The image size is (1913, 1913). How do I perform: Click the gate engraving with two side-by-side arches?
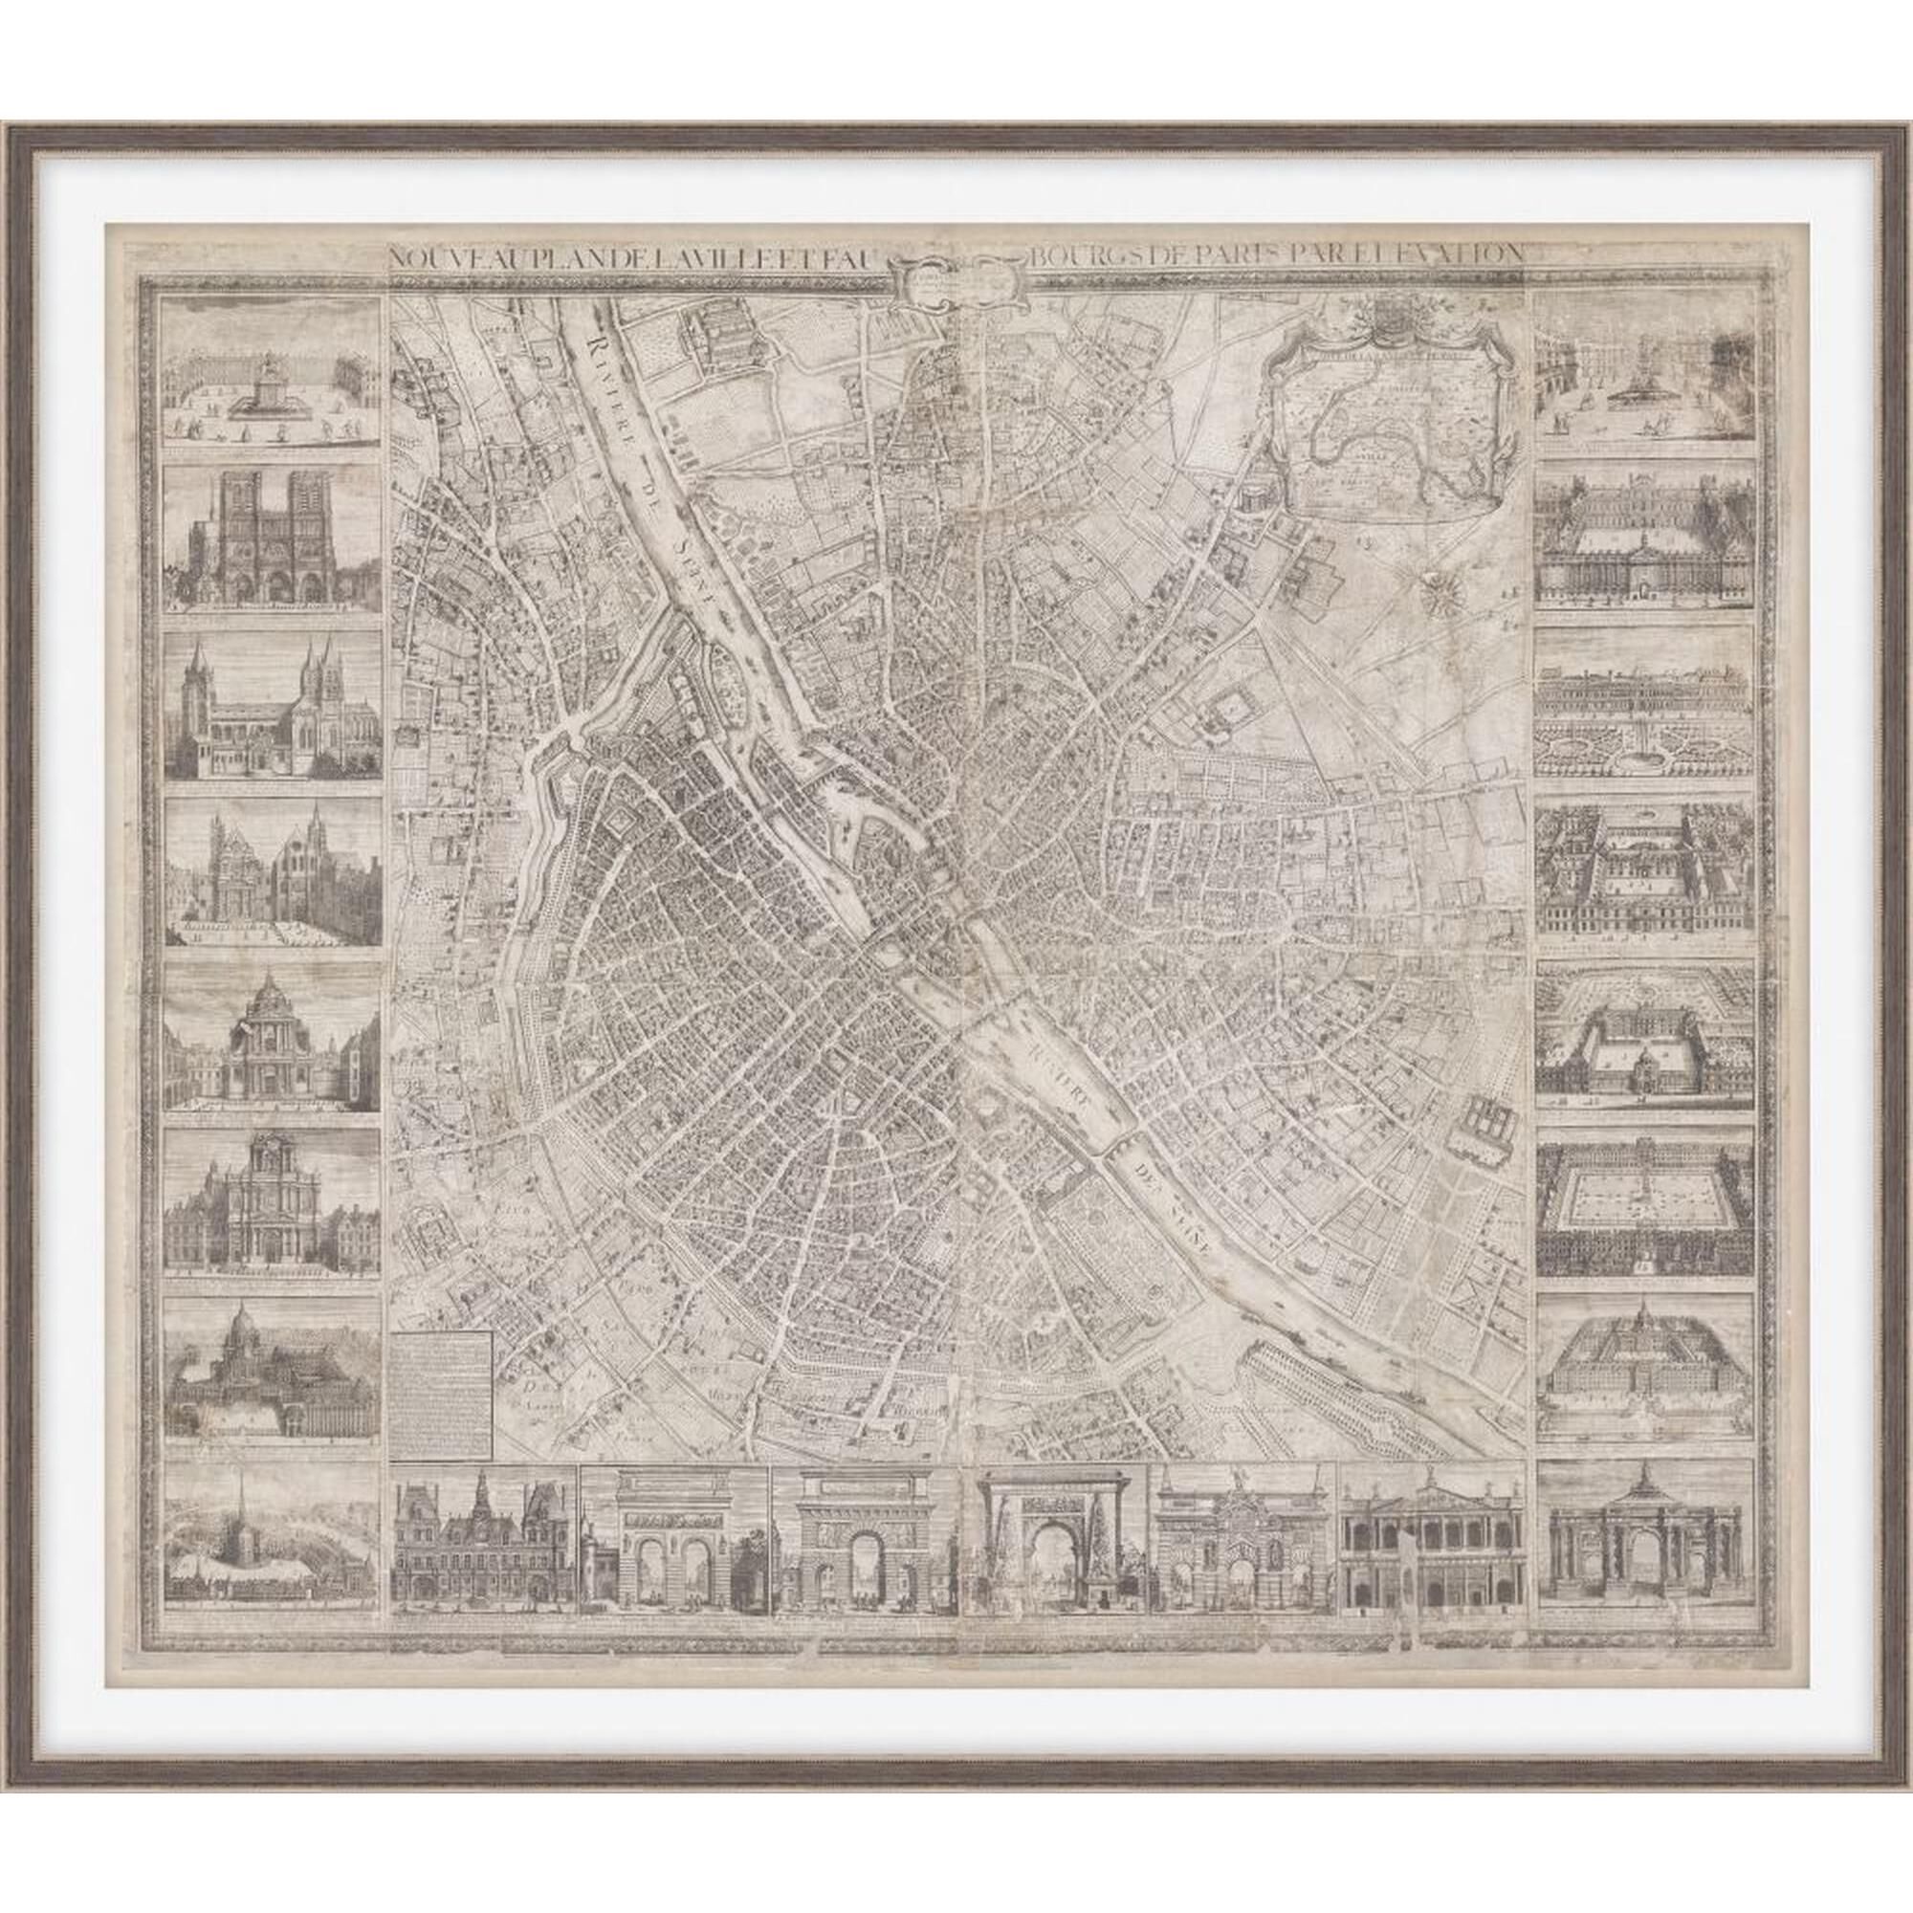[x=673, y=1545]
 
